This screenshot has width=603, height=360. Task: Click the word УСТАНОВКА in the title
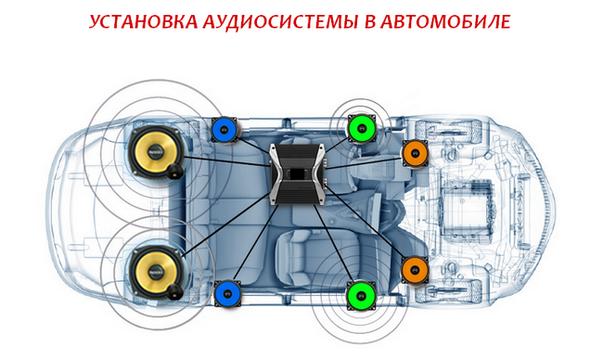tap(143, 22)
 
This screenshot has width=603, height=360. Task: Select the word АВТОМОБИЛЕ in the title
tap(445, 22)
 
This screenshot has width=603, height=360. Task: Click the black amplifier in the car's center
tap(298, 174)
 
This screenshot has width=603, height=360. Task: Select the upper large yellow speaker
tap(157, 152)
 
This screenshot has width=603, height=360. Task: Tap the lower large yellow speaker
tap(157, 272)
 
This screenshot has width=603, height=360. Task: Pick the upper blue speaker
tap(225, 130)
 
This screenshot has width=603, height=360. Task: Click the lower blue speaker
tap(227, 293)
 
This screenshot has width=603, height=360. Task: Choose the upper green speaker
tap(362, 128)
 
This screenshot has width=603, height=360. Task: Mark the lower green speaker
tap(361, 295)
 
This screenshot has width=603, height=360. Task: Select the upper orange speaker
tap(415, 153)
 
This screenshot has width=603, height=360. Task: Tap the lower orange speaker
tap(415, 270)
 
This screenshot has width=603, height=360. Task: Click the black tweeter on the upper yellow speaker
tap(175, 171)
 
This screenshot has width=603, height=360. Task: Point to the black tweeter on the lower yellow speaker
tap(175, 292)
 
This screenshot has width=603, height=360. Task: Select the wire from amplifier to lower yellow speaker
tap(227, 225)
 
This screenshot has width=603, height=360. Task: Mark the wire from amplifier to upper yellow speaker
tap(227, 161)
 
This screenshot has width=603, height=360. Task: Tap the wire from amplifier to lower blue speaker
tap(256, 242)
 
